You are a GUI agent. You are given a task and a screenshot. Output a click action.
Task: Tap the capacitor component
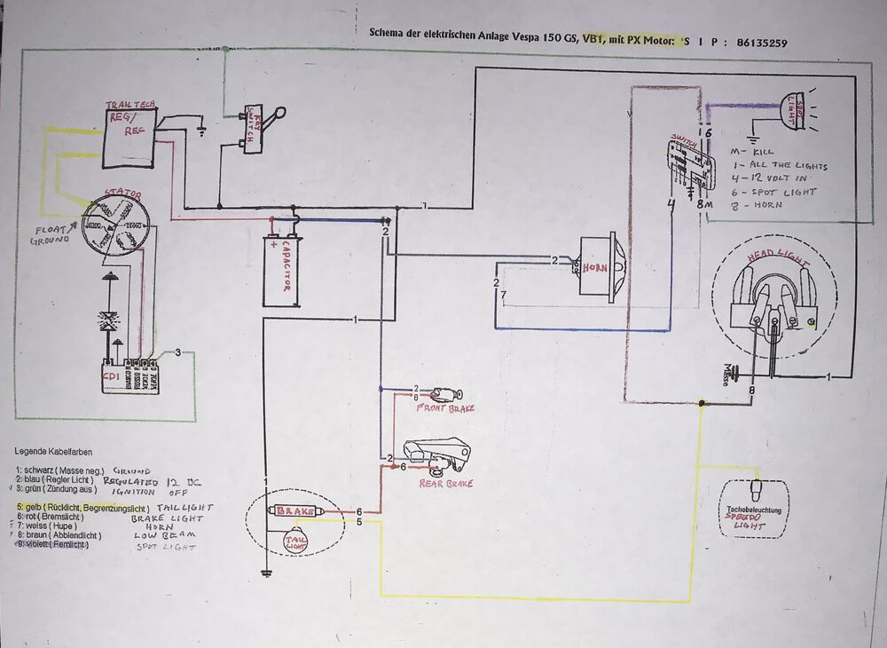click(285, 270)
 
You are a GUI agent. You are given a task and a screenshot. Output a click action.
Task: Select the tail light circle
click(295, 541)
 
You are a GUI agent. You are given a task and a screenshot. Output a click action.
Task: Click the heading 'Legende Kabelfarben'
click(52, 451)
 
